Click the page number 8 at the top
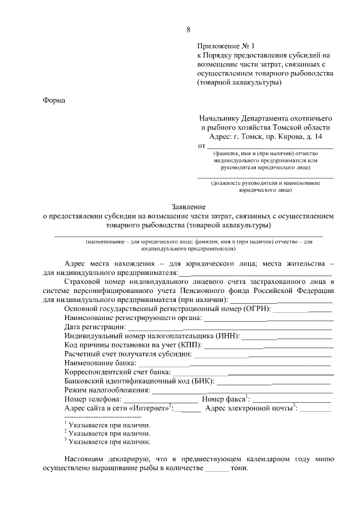tap(188, 30)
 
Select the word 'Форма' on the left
tap(54, 101)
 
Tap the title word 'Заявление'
tap(188, 206)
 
